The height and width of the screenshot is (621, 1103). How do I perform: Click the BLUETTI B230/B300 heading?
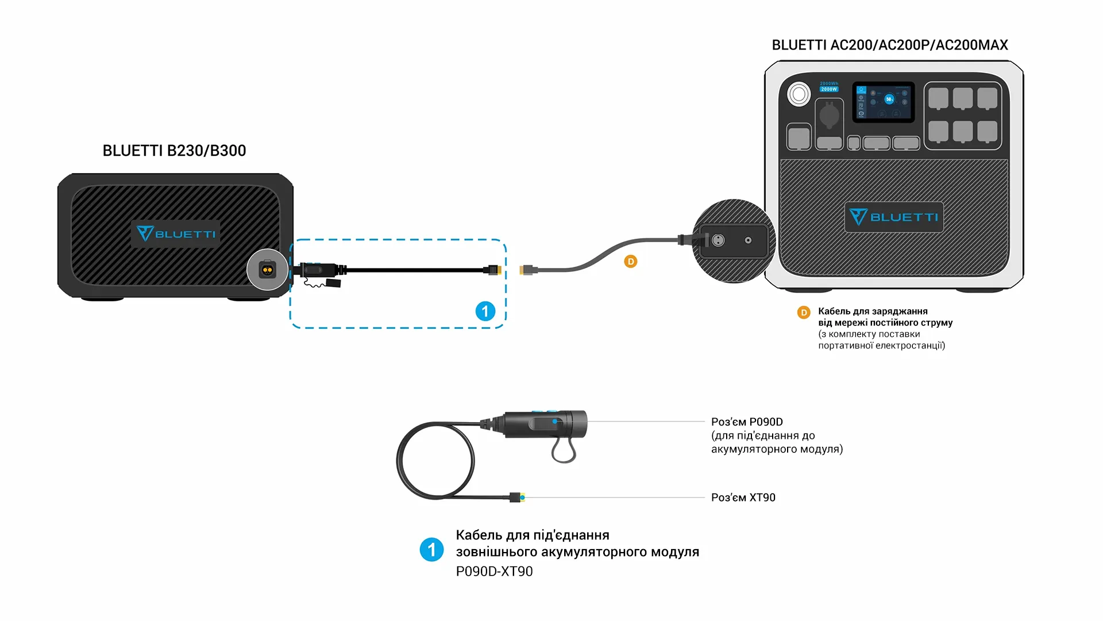coord(174,151)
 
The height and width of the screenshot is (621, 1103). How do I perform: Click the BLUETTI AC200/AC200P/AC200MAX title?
coord(889,45)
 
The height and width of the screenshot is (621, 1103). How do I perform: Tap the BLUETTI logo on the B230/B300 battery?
coord(176,233)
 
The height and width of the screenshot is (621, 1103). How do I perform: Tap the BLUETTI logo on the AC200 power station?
coord(893,217)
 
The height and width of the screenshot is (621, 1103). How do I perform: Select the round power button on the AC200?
coord(799,94)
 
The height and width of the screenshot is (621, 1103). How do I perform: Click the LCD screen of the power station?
coord(883,101)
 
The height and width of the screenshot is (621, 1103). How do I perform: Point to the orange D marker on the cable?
coord(631,262)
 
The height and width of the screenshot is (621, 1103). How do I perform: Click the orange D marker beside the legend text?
coord(804,312)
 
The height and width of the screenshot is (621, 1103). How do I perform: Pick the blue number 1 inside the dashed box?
coord(485,311)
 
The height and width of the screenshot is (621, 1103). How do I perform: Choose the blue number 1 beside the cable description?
coord(431,550)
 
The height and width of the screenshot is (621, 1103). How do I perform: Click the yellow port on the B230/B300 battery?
coord(267,270)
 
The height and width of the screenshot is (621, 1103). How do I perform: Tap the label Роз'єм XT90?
coord(743,497)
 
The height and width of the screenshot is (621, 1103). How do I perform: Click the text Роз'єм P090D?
coord(747,421)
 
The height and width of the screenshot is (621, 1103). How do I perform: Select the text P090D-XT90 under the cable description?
coord(494,572)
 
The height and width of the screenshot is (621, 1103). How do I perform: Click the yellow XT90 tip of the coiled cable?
coord(522,497)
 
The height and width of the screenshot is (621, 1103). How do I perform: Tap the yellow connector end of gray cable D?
coord(523,270)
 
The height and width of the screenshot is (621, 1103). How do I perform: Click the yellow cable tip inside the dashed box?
coord(497,270)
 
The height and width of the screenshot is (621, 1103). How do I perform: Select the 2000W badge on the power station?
coord(828,89)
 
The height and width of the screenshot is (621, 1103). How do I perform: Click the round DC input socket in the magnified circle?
coord(718,240)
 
